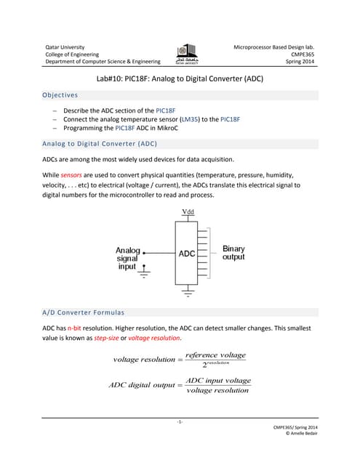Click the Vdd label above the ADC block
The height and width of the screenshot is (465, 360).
point(187,212)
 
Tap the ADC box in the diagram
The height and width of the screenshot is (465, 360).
point(187,254)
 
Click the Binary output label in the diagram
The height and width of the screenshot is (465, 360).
point(233,253)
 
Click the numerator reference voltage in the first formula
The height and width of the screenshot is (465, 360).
point(216,355)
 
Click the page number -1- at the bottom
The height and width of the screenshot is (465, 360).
point(180,421)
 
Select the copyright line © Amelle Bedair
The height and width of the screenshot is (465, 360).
point(300,434)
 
